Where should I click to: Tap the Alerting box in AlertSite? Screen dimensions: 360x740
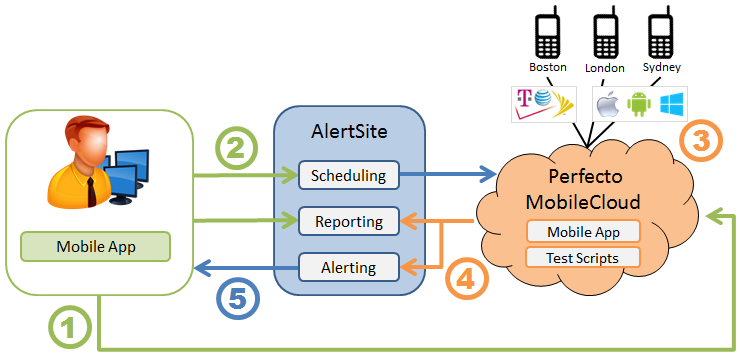pyautogui.click(x=349, y=266)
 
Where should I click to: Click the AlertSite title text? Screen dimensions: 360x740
pyautogui.click(x=349, y=133)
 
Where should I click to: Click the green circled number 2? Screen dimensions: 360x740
pyautogui.click(x=237, y=151)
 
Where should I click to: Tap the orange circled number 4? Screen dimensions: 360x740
pyautogui.click(x=466, y=278)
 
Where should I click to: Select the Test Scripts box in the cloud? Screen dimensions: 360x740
pyautogui.click(x=582, y=257)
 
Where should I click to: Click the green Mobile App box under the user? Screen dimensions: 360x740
pyautogui.click(x=97, y=246)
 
